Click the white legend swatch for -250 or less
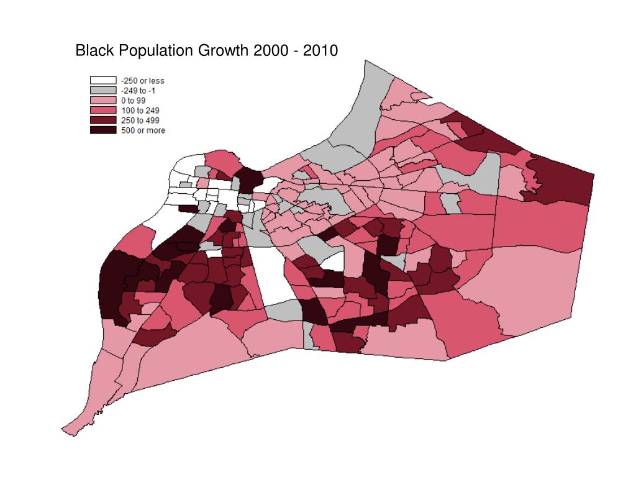tap(103, 81)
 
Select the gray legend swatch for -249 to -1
tap(103, 91)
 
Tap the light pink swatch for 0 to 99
tap(103, 101)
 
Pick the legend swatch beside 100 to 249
tap(103, 111)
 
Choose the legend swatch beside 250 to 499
tap(103, 120)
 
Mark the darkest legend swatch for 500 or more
tap(103, 130)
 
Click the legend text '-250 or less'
tap(142, 81)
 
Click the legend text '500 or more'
tap(142, 130)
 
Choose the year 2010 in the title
tap(320, 50)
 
